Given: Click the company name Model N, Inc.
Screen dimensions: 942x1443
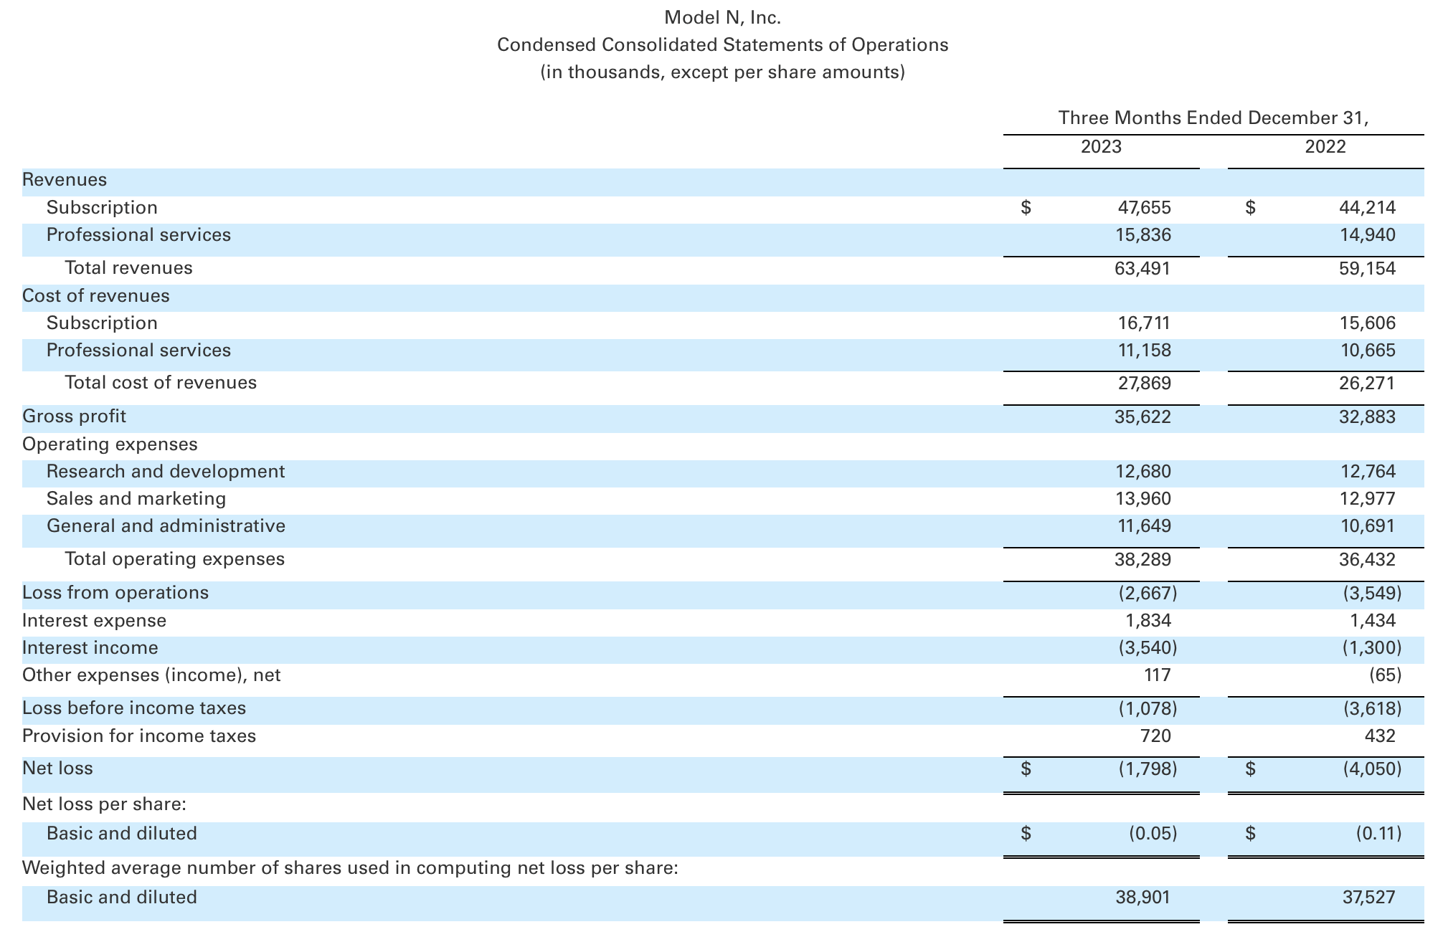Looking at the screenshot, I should click(722, 17).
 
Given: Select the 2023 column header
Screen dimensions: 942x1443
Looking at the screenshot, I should click(1101, 147).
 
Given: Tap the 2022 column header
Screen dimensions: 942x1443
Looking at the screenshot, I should click(1325, 147).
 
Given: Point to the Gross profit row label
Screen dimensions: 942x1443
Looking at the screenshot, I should click(74, 417).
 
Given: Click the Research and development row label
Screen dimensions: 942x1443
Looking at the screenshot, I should click(166, 472).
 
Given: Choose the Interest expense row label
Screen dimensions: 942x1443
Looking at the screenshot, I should click(94, 621).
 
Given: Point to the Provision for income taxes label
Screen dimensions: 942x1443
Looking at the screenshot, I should click(139, 736).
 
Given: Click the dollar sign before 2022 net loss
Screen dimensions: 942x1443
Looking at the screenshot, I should click(1250, 769).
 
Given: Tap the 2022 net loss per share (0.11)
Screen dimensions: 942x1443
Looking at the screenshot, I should click(1378, 834).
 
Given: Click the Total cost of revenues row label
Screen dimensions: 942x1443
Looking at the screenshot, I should click(161, 383).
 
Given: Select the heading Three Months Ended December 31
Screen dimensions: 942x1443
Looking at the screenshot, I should click(1213, 118).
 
